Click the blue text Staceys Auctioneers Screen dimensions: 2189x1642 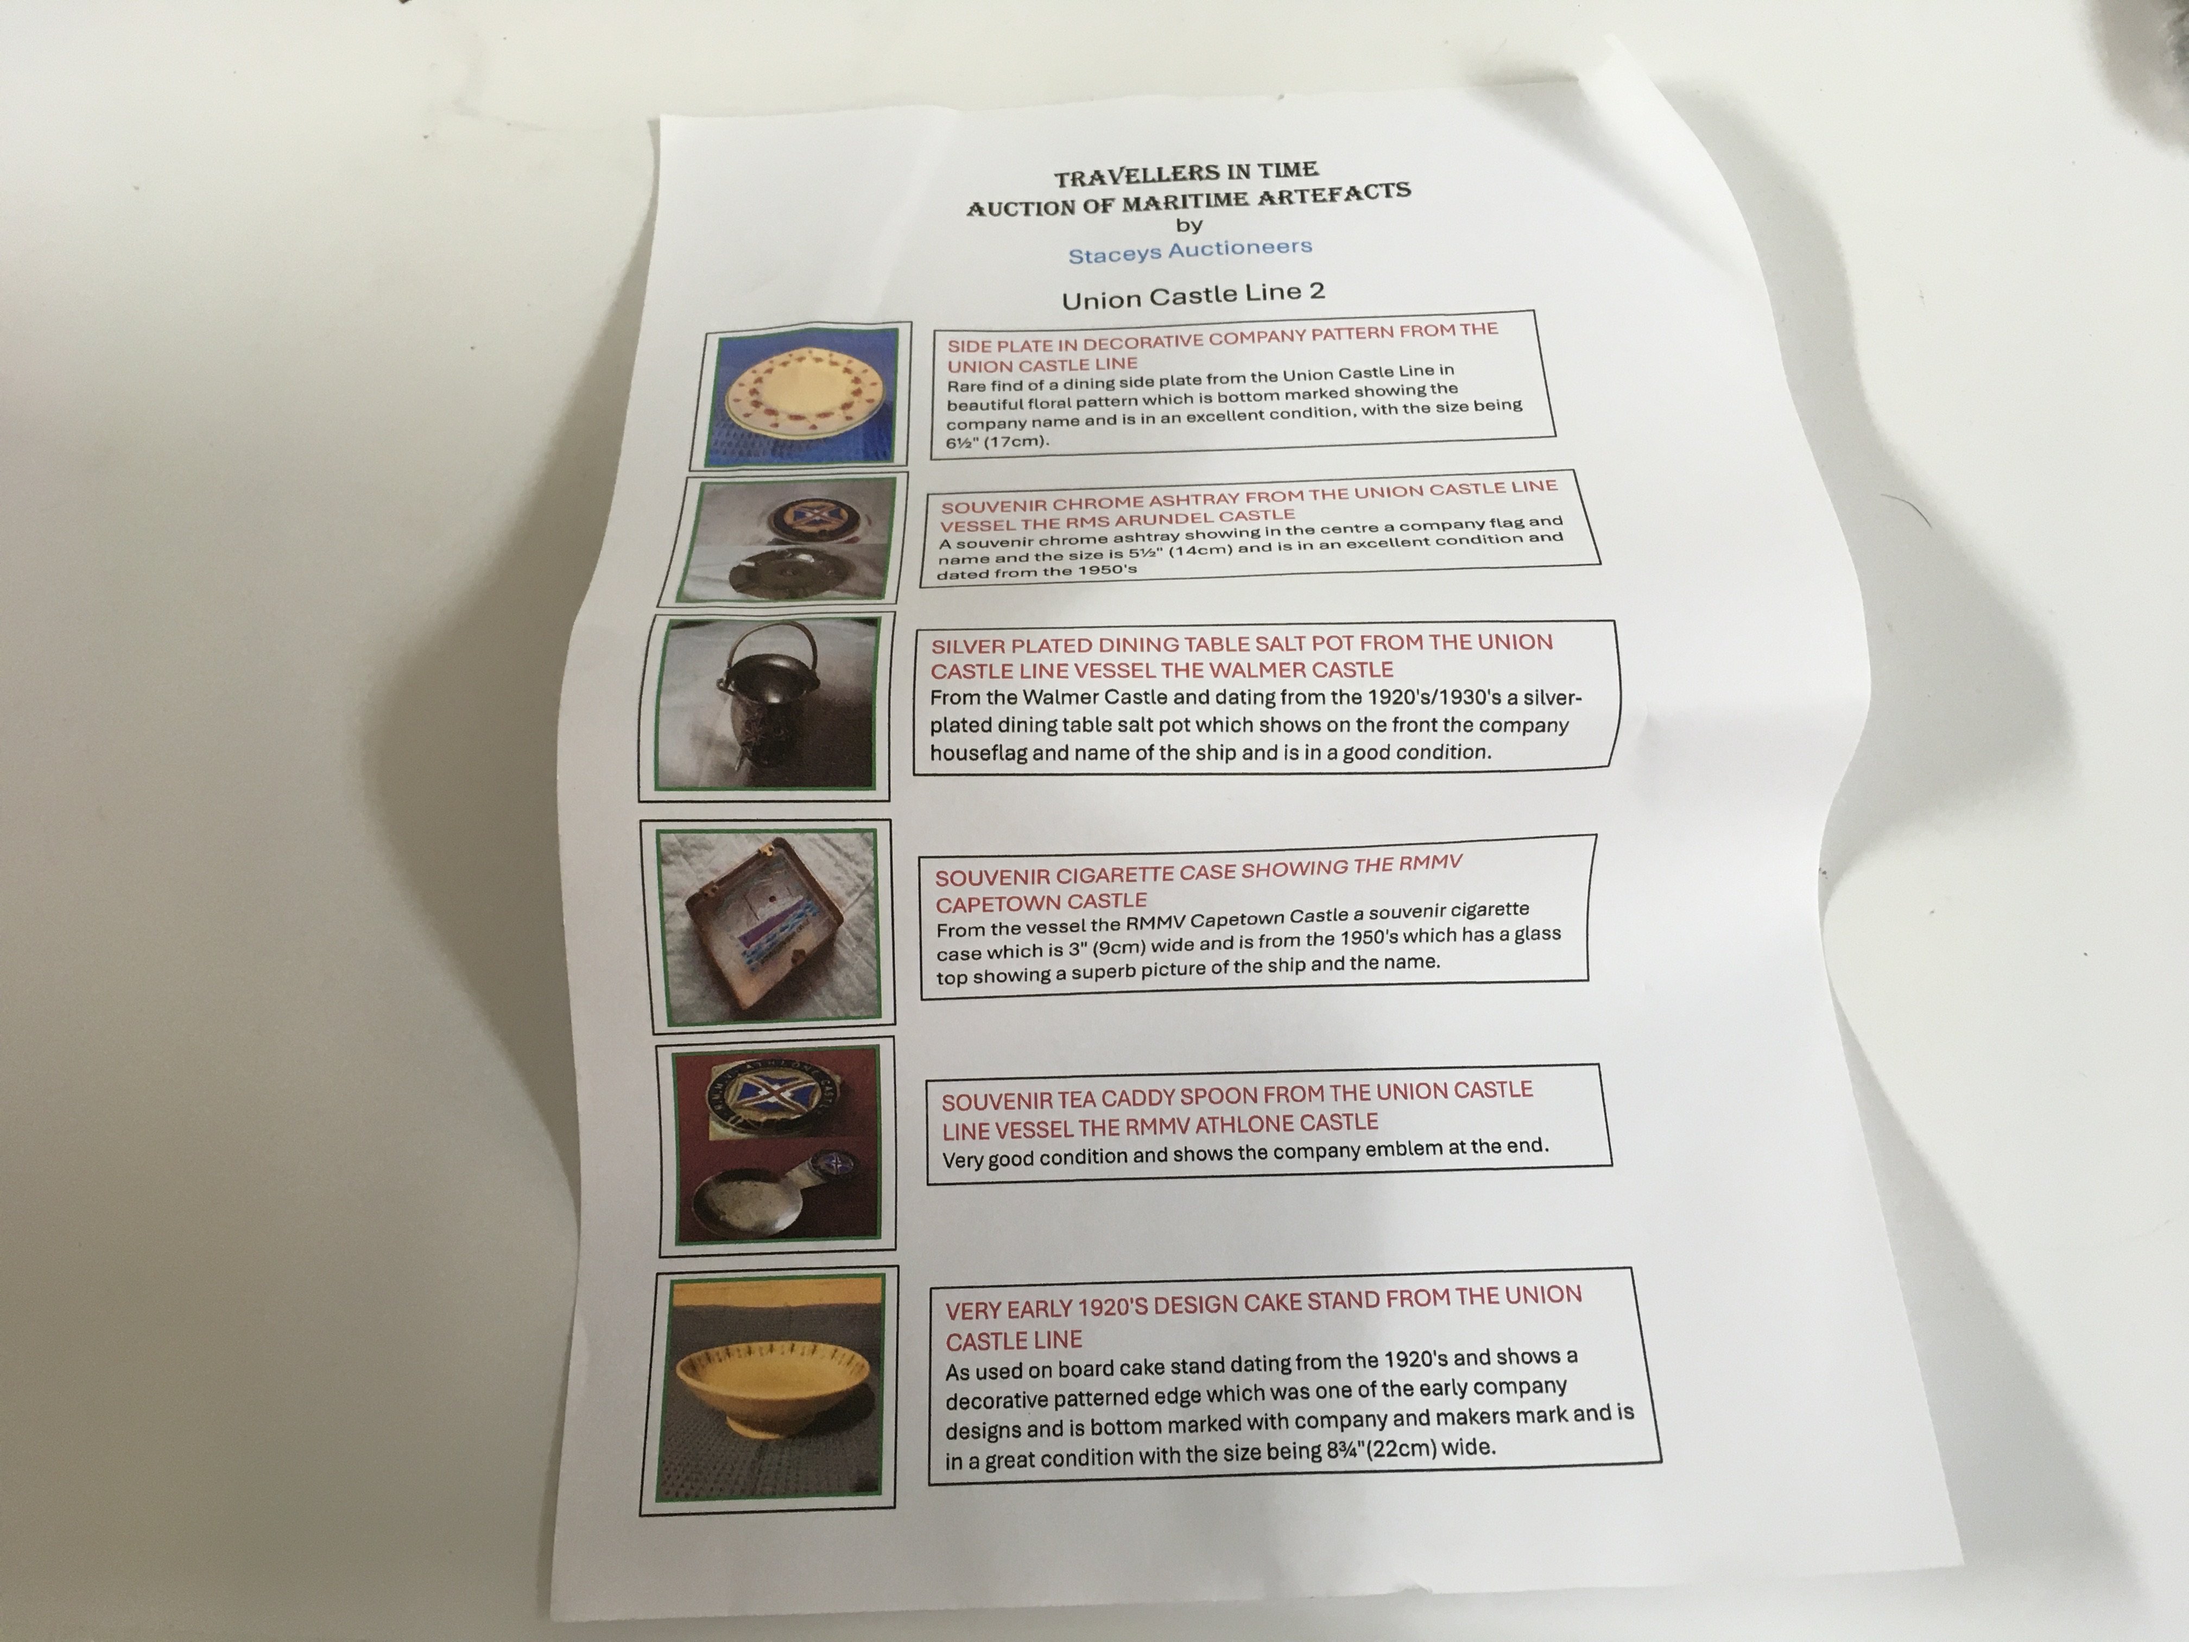(1190, 250)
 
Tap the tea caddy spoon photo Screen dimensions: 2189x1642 (777, 1145)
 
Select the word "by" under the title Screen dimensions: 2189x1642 (1188, 226)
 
